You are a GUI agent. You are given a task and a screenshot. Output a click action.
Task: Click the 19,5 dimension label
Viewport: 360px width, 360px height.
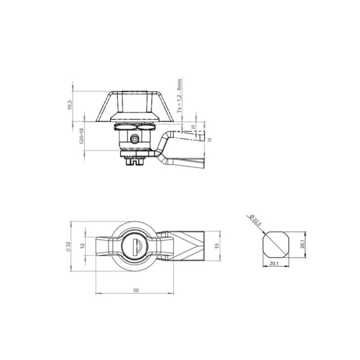[70, 105]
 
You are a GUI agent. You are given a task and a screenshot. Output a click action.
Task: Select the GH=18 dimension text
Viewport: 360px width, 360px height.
[81, 136]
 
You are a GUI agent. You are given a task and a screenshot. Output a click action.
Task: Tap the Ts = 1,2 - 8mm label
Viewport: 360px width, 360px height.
[179, 96]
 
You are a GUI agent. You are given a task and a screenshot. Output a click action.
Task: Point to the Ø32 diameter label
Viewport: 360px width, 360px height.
[67, 247]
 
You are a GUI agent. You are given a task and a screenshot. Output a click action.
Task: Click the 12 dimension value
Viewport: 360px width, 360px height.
[83, 246]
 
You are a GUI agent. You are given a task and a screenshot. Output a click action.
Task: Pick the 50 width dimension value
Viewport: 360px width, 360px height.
[136, 290]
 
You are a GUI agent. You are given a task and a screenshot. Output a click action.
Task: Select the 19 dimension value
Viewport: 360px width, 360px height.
[217, 246]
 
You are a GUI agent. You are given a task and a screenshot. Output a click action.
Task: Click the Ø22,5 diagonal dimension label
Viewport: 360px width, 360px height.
[255, 220]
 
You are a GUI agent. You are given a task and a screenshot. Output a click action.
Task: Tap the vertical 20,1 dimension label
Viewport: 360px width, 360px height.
[302, 244]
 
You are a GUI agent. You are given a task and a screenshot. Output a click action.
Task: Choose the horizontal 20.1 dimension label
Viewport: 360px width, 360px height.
[274, 264]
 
